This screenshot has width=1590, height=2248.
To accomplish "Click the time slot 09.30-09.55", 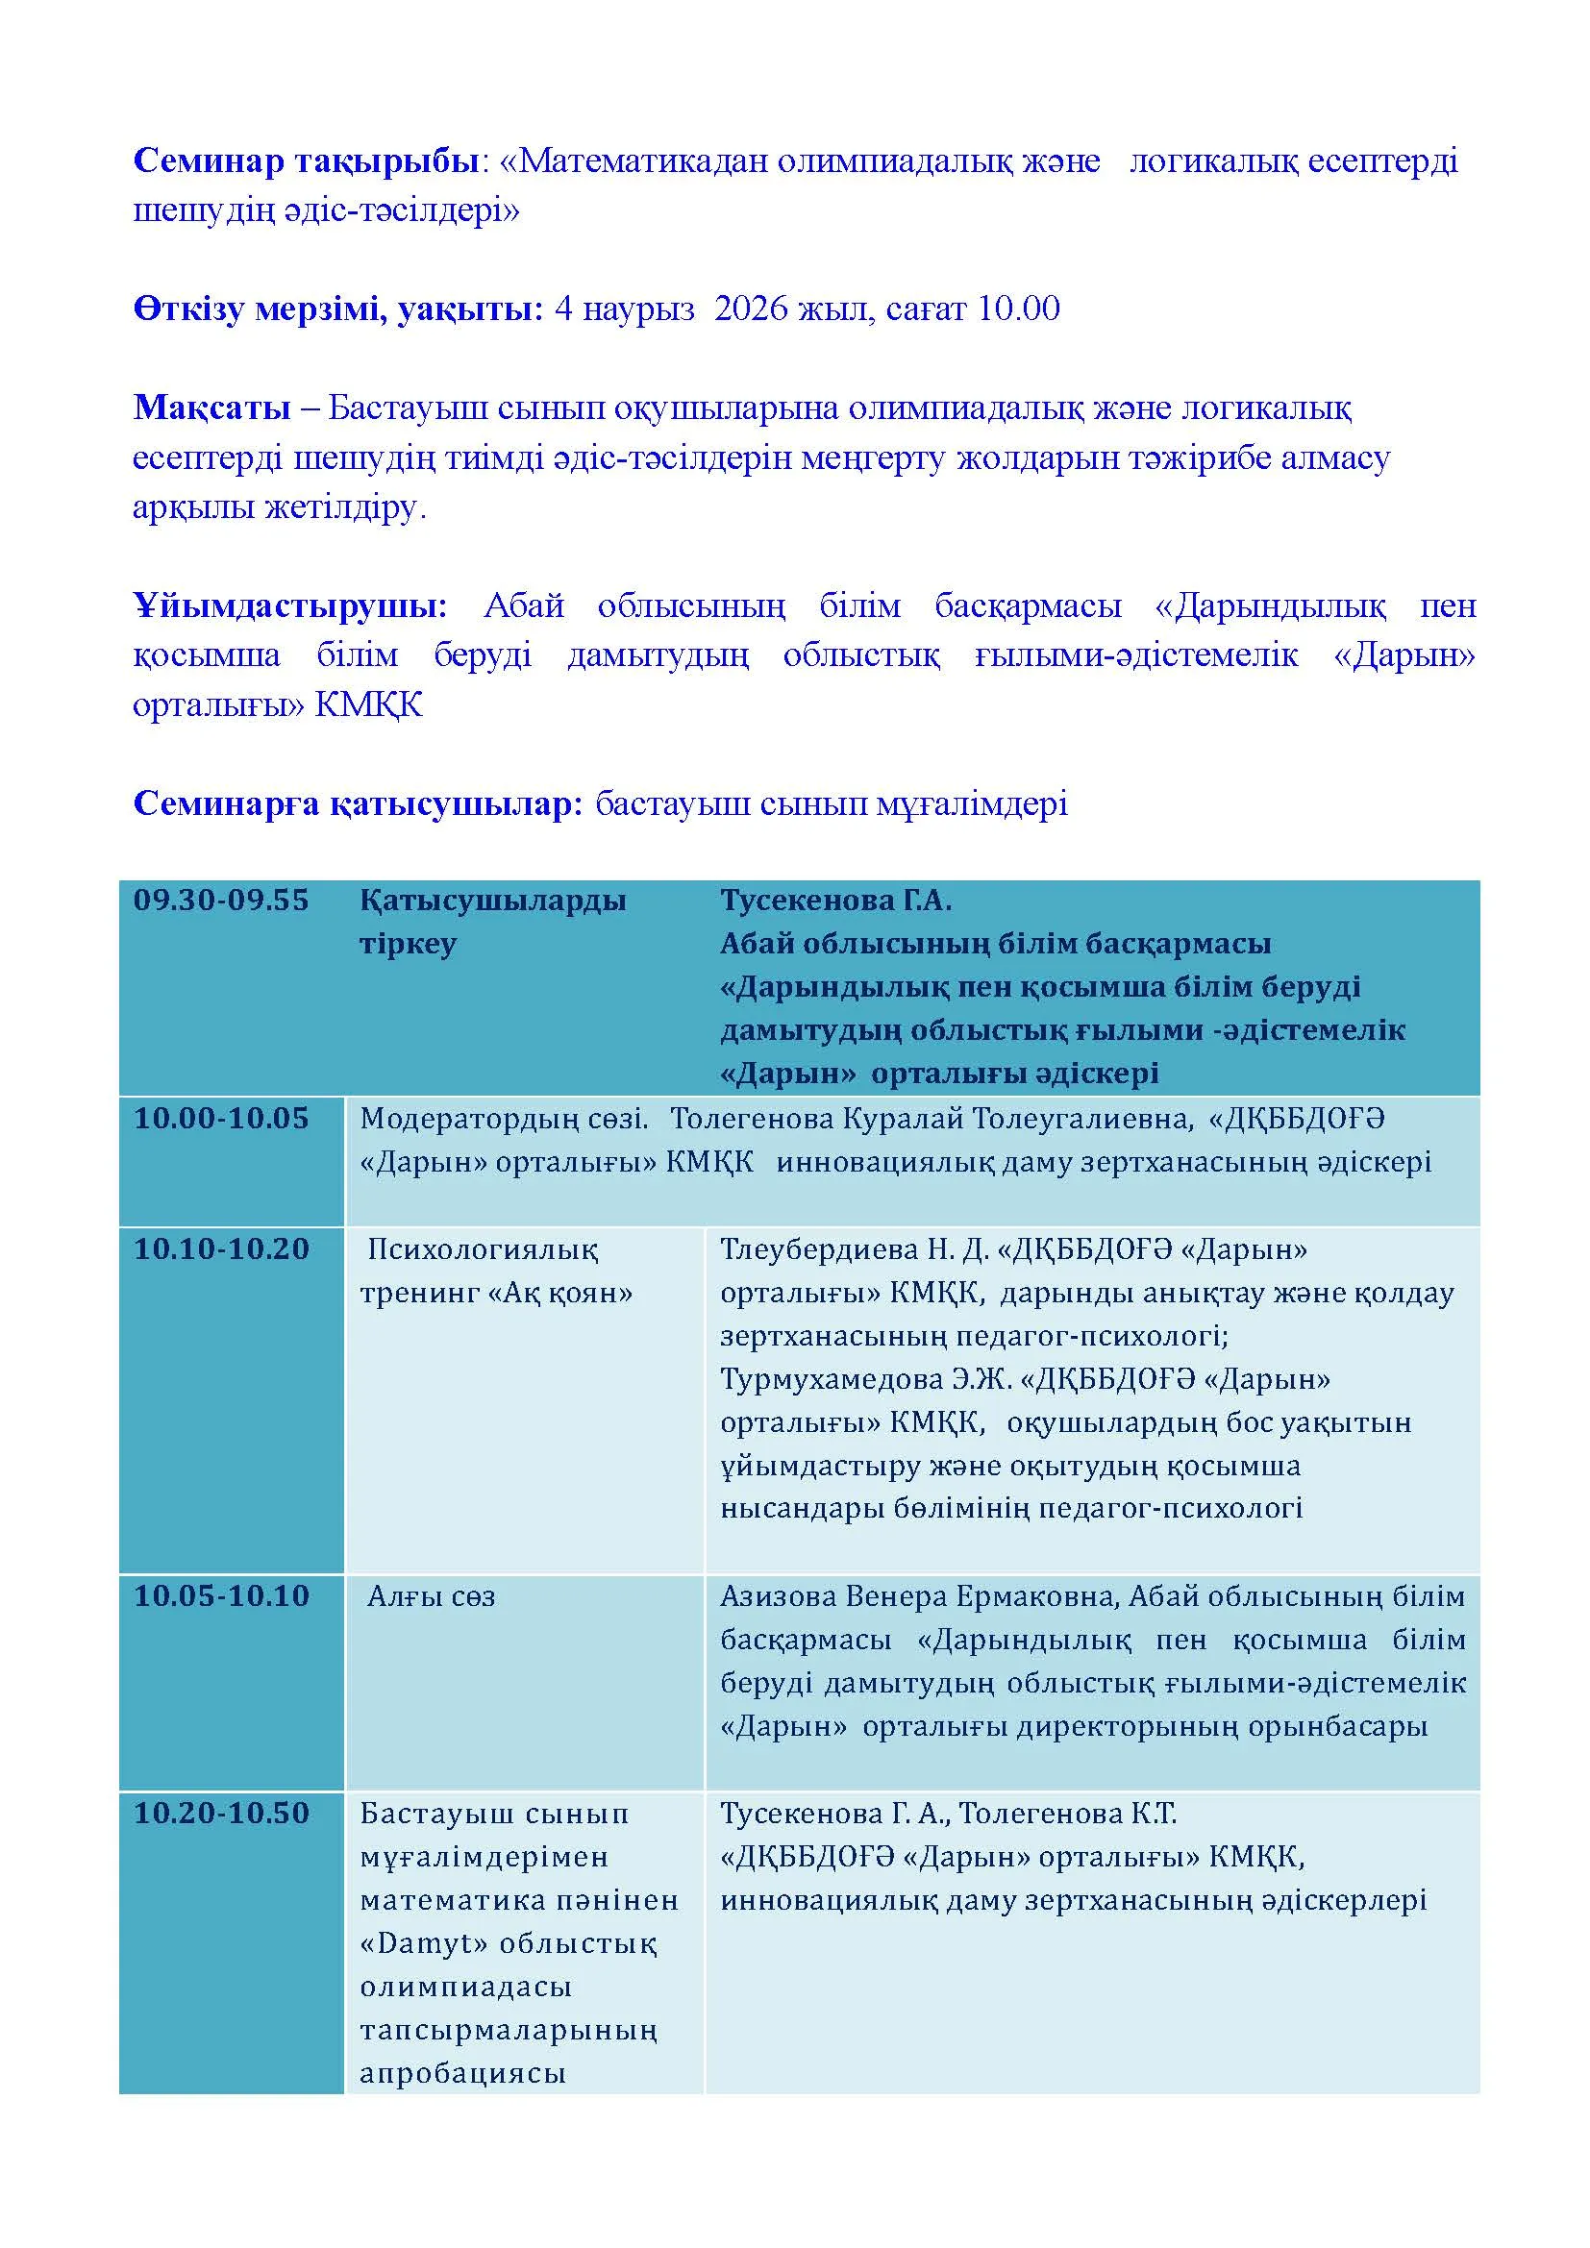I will point(221,901).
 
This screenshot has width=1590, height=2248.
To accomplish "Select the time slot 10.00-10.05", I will point(221,1118).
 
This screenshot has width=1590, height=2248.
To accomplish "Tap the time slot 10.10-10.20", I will point(221,1248).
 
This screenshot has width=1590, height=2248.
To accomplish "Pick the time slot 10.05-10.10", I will point(221,1596).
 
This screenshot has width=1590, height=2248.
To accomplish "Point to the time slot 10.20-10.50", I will point(221,1814).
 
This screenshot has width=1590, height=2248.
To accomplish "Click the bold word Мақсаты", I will point(211,408).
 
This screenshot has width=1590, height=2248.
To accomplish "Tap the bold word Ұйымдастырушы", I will point(289,606).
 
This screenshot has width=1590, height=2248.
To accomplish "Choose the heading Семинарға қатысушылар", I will point(359,803).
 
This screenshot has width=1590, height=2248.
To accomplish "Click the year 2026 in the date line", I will point(751,309).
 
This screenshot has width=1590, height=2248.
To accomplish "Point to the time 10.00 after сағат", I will point(1018,309).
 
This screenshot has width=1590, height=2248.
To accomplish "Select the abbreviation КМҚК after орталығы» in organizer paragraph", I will point(368,704).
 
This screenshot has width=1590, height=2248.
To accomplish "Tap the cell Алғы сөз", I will point(431,1597).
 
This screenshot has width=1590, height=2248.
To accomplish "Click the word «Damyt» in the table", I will point(424,1943).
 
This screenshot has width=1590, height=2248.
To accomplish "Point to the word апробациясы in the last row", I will point(463,2074).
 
